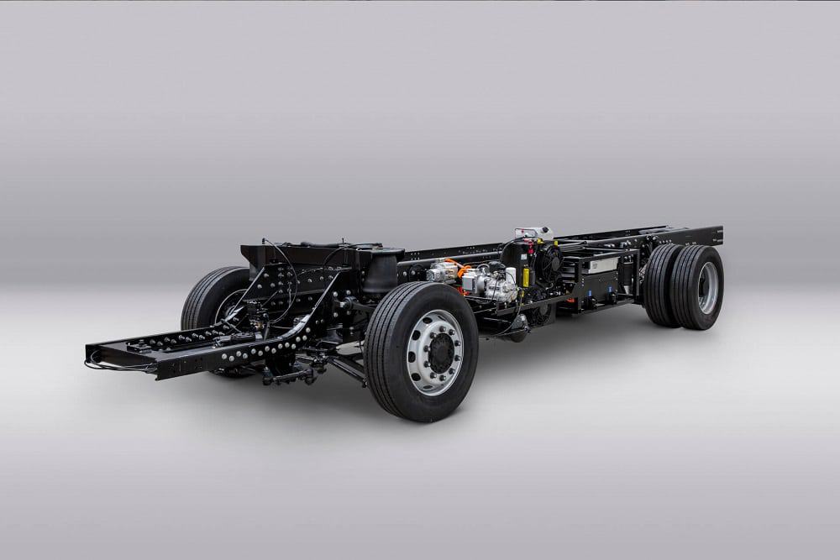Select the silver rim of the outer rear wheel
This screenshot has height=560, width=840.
pos(707,288)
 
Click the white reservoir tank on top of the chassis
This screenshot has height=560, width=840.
pos(534,233)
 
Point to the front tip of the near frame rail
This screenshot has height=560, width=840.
pos(92,353)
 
